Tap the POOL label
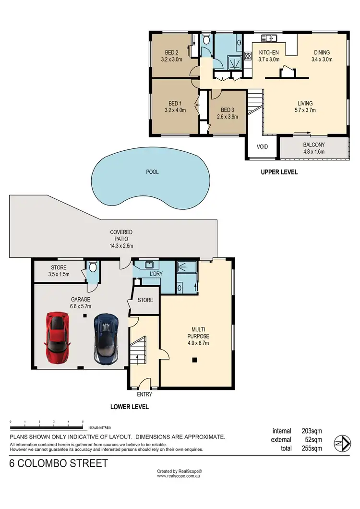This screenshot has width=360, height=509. [x=152, y=172]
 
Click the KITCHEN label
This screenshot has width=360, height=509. [x=269, y=53]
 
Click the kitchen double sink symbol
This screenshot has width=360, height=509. [x=269, y=37]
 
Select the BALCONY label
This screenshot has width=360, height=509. [x=314, y=145]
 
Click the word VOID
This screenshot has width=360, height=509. [x=262, y=146]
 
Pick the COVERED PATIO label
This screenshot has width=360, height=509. [x=120, y=232]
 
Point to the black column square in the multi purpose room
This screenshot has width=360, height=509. [x=194, y=360]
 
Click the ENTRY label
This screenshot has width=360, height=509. [x=144, y=395]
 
